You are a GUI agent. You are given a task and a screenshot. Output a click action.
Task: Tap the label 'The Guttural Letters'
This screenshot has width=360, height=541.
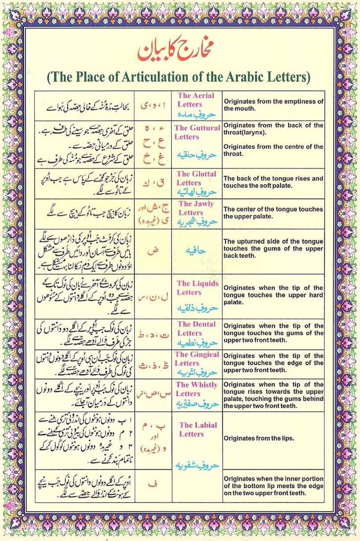click(x=197, y=132)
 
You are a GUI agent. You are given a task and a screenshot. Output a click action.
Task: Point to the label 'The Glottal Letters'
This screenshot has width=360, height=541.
click(x=196, y=178)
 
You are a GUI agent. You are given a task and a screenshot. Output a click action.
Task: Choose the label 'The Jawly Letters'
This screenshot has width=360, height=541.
click(x=196, y=208)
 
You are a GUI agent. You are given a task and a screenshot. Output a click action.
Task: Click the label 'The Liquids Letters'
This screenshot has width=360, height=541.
click(x=197, y=287)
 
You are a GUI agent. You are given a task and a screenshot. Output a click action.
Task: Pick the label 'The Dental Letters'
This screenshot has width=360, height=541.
click(x=196, y=328)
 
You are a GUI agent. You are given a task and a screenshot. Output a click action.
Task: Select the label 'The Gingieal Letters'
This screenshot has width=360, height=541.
click(x=197, y=359)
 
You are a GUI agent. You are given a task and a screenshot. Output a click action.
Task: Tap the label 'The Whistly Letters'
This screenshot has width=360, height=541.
click(x=197, y=389)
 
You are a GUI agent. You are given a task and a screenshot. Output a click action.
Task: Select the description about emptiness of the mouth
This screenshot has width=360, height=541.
click(x=273, y=105)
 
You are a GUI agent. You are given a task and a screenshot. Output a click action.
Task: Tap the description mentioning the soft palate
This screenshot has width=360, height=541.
click(x=273, y=182)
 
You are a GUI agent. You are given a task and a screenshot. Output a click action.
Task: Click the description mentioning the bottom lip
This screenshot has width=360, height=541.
click(x=273, y=486)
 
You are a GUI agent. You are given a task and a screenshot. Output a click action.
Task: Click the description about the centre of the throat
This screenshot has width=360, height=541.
click(x=273, y=150)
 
